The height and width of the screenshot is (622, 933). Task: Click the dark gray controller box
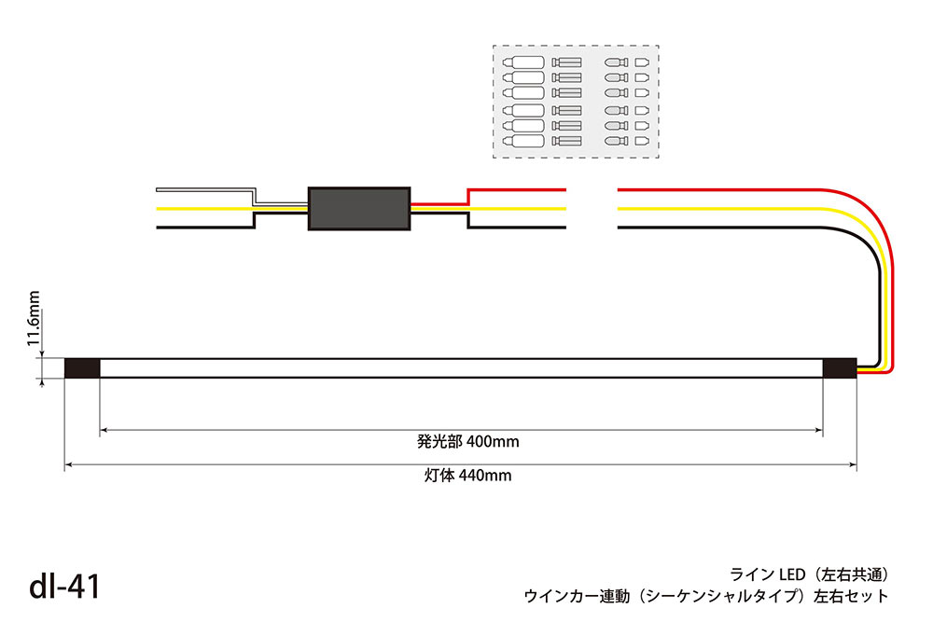point(359,207)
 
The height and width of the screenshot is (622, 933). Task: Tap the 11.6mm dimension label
point(35,319)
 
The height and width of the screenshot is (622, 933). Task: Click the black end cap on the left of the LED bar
point(82,368)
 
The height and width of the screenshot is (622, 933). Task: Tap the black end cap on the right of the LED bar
point(840,368)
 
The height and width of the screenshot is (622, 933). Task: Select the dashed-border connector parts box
point(576,102)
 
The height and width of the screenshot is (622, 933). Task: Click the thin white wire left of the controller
point(205,189)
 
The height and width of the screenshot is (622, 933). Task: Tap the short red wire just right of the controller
point(439,204)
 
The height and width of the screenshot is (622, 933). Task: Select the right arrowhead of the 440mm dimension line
point(853,463)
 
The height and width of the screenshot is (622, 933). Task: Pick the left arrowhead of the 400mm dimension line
point(104,430)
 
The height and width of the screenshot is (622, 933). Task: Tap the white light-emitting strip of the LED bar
point(461,368)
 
